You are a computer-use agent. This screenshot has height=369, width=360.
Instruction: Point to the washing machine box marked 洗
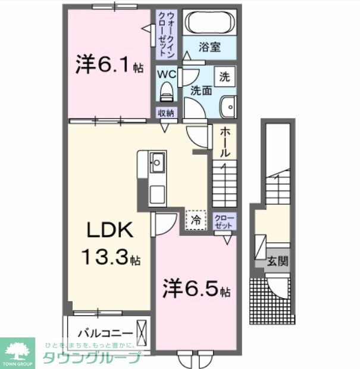[224, 76]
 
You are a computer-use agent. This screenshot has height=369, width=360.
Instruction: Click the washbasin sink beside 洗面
[227, 107]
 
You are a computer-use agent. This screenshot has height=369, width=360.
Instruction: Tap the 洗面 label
[201, 91]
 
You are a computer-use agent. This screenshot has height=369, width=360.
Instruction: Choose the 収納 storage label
[166, 113]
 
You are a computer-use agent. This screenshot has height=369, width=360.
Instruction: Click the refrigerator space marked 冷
[195, 219]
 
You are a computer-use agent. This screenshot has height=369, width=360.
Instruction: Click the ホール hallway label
[224, 142]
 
